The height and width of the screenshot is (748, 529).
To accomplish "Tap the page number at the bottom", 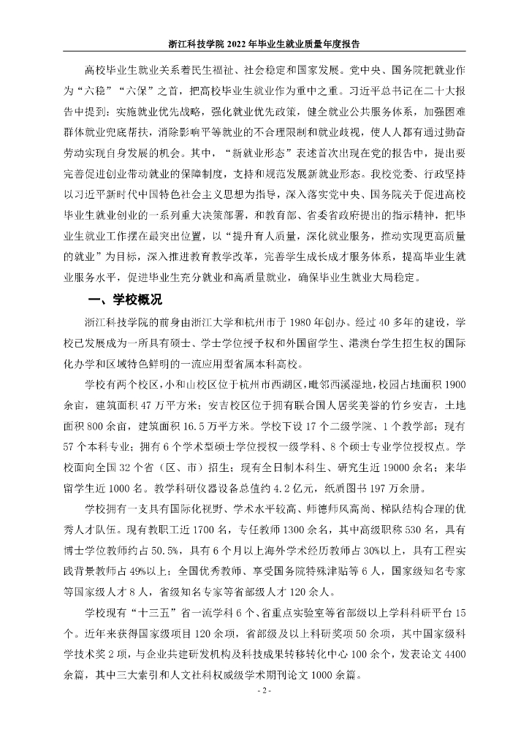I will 264,690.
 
